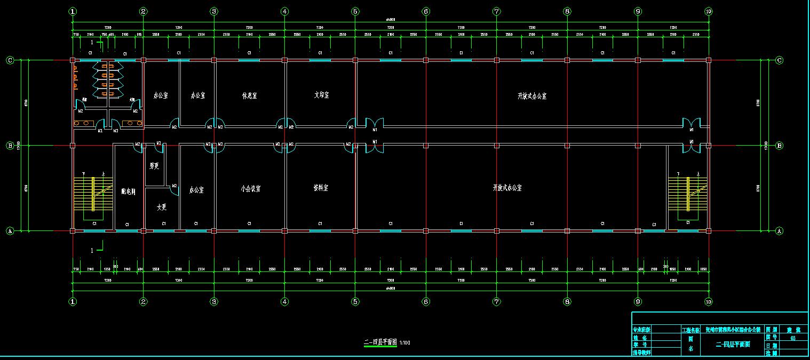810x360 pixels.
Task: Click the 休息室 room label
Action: pos(249,96)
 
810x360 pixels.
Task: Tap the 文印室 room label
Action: pos(321,95)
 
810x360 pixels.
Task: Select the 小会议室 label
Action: pos(250,189)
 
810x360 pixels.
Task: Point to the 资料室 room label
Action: pos(321,188)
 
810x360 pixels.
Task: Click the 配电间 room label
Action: pos(128,192)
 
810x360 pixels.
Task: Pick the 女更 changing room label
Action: pos(162,207)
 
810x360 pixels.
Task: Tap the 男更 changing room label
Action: pos(154,166)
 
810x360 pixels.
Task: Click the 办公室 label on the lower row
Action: pos(196,190)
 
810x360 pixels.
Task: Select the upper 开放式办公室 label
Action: pos(532,97)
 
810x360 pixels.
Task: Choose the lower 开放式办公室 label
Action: pos(507,188)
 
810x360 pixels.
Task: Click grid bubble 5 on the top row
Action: pos(355,11)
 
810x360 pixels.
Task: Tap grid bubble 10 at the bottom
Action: pos(708,301)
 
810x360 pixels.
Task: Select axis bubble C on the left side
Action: pos(10,60)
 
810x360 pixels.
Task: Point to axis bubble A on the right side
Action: pos(779,231)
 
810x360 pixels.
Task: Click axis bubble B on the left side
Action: pos(10,145)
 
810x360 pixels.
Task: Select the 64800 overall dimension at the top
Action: pos(391,20)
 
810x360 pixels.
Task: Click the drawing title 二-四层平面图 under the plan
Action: pos(380,342)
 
